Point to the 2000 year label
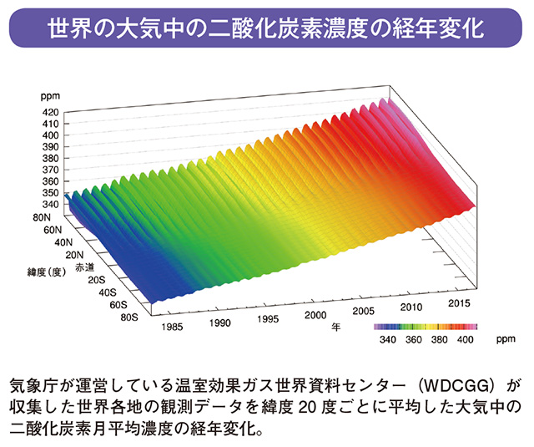(x=315, y=316)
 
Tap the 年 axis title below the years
(x=335, y=324)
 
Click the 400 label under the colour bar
(x=466, y=341)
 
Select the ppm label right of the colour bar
(x=501, y=341)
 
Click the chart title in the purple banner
(x=266, y=29)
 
